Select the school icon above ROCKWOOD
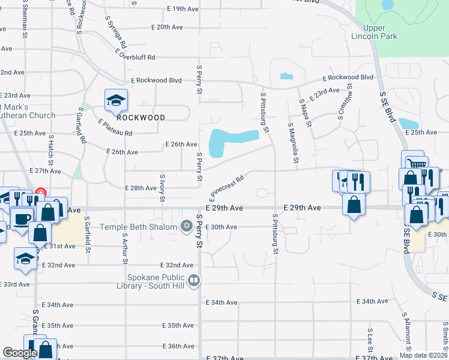(x=116, y=101)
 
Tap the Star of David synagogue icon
(x=187, y=226)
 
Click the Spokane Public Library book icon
(x=194, y=280)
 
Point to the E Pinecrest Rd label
(x=227, y=188)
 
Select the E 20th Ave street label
(x=167, y=28)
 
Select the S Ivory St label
(x=162, y=188)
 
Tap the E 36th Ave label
(x=179, y=346)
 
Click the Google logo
(x=20, y=353)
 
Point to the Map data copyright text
(x=423, y=355)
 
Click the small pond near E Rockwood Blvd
(x=286, y=76)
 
